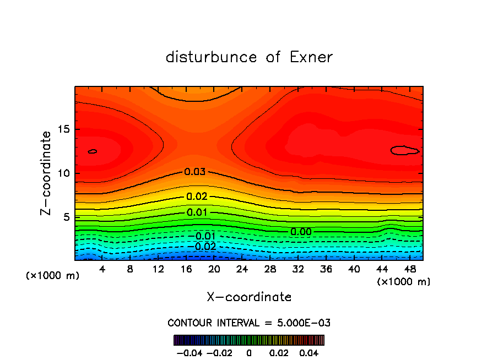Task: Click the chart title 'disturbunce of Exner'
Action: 249,57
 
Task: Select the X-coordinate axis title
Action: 249,297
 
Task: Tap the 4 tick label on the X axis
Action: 102,270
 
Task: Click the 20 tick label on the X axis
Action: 214,270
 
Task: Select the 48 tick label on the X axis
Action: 410,270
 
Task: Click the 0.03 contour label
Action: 195,172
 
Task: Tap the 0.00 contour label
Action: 301,232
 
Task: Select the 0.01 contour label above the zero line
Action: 197,212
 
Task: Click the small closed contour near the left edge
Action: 93,151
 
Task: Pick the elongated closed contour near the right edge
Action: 405,150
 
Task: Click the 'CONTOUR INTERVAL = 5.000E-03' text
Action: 249,323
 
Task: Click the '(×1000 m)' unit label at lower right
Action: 404,282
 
